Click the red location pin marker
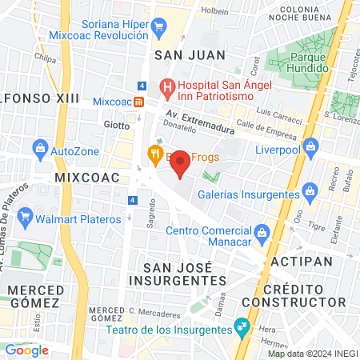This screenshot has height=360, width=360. click(x=181, y=164)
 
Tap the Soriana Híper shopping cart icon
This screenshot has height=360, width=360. click(x=158, y=26)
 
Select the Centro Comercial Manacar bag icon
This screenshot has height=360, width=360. click(x=266, y=232)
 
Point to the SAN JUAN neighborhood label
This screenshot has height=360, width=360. click(x=190, y=55)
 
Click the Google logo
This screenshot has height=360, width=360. click(x=26, y=350)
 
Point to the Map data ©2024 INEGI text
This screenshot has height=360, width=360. click(x=311, y=353)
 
